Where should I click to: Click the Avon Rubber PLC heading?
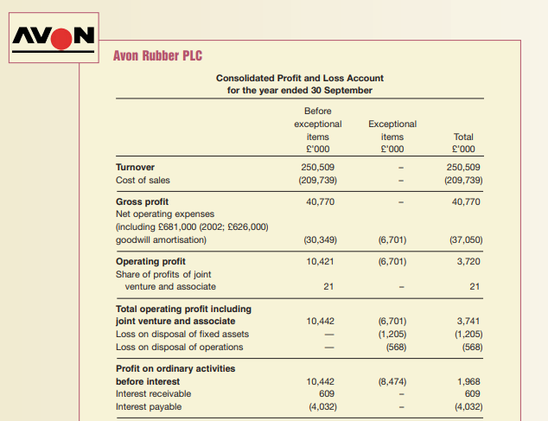(x=158, y=56)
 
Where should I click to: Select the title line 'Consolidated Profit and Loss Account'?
(x=299, y=78)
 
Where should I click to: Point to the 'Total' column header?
(x=463, y=137)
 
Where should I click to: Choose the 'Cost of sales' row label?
(x=143, y=180)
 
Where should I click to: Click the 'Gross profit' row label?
(x=142, y=201)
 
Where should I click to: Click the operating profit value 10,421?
(x=321, y=260)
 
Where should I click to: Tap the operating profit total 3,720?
(x=468, y=260)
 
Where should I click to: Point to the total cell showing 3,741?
(x=468, y=321)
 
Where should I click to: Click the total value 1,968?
(x=468, y=380)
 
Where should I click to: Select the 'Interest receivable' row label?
(x=154, y=393)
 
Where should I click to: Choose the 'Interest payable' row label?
(x=150, y=407)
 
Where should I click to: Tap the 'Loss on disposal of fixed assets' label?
(x=182, y=334)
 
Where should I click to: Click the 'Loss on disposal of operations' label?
(x=179, y=348)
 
